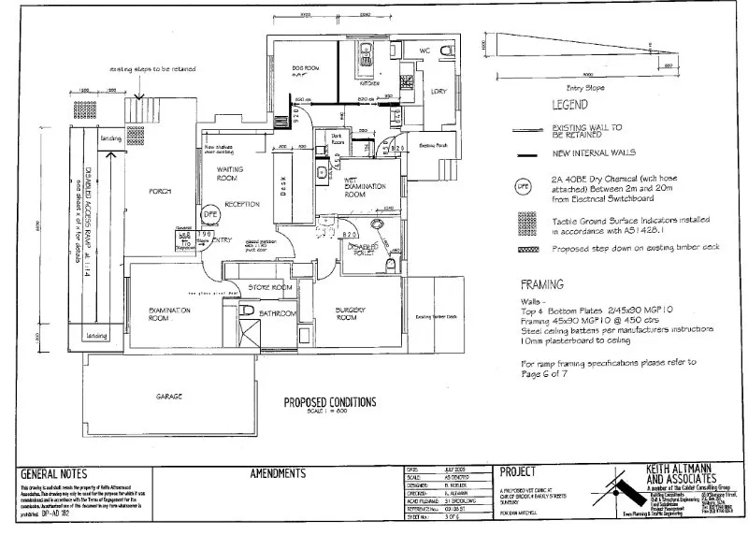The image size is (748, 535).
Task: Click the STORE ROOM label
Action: click(272, 287)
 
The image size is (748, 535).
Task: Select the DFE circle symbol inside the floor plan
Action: click(212, 211)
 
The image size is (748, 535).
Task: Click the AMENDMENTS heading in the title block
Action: click(278, 474)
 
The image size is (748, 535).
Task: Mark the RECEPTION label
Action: click(241, 204)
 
